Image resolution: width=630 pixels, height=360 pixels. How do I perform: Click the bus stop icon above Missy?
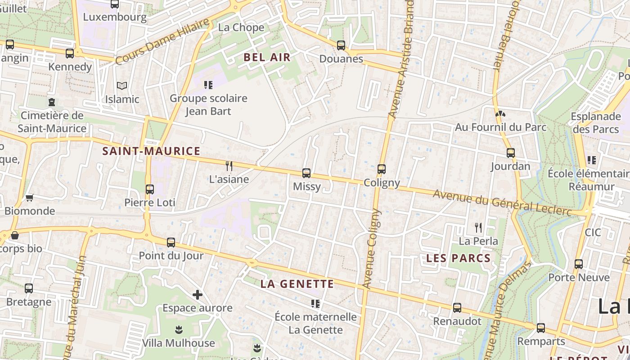(306, 173)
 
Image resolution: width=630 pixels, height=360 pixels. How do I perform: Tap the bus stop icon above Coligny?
(382, 169)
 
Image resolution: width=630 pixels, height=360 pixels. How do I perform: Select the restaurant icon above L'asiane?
(229, 166)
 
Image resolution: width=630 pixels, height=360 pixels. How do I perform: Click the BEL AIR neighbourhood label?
(267, 58)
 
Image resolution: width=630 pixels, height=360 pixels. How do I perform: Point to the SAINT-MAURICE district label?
(151, 151)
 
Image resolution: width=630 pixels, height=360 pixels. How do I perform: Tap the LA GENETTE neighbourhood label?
(297, 284)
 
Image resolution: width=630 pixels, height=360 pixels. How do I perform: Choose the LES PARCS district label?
(458, 258)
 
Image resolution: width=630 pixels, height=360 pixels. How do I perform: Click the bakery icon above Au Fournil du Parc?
(499, 114)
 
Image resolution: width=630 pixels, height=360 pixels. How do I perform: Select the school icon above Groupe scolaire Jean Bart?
(208, 85)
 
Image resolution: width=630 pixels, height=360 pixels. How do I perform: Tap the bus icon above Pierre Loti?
(150, 189)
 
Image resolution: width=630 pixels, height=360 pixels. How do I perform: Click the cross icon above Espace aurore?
(197, 295)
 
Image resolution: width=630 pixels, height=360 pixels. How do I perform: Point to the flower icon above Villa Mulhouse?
(179, 330)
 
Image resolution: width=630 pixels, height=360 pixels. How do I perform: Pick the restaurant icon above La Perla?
(478, 228)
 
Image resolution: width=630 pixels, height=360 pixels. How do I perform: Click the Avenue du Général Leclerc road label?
(502, 202)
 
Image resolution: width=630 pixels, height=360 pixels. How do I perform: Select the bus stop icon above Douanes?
(341, 45)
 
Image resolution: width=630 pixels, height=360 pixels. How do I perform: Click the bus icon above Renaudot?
(457, 308)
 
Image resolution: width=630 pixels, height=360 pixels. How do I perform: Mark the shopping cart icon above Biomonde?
(30, 198)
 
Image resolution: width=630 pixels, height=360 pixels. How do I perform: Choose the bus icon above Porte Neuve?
(579, 264)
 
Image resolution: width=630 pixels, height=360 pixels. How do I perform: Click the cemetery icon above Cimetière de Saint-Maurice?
(52, 102)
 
